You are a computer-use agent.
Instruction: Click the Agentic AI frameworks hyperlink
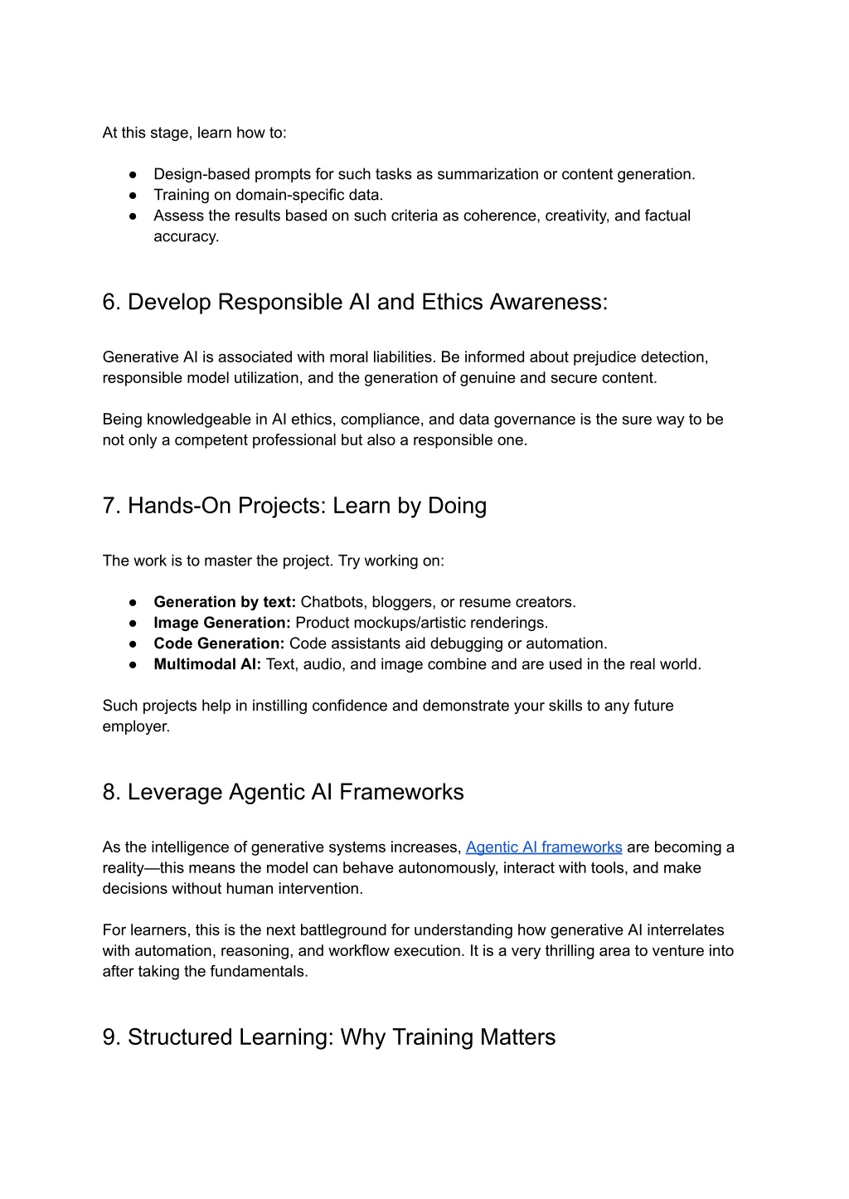pos(543,847)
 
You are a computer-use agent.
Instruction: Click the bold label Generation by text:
pos(225,602)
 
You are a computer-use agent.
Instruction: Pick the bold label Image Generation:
pos(222,623)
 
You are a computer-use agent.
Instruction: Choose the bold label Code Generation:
pos(219,643)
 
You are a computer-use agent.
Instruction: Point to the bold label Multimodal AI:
pos(207,664)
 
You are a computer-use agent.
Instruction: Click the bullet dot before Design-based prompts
pos(133,174)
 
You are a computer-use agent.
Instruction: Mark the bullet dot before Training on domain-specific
pos(133,195)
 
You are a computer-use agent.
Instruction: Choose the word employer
pos(135,727)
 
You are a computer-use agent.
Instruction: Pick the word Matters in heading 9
pos(516,1037)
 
